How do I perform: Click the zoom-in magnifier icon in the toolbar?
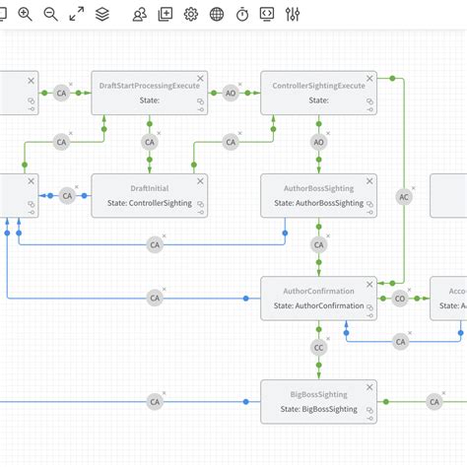[x=26, y=14]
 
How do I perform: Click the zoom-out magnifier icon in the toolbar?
[x=51, y=14]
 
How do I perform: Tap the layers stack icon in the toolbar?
[x=102, y=14]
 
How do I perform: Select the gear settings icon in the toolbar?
[x=191, y=14]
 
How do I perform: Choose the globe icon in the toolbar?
[x=217, y=14]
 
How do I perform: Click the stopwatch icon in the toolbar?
[x=242, y=14]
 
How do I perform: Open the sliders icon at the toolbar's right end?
[x=293, y=14]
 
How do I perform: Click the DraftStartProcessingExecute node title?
[x=150, y=86]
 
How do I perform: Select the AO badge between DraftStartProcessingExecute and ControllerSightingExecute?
[x=231, y=94]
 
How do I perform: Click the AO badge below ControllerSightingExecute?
[x=318, y=142]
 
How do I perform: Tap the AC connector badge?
[x=403, y=196]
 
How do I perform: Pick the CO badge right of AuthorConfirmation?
[x=400, y=298]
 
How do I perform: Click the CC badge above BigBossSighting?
[x=318, y=348]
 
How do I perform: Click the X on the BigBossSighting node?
[x=369, y=386]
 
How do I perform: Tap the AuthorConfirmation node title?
[x=318, y=291]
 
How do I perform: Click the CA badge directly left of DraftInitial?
[x=67, y=196]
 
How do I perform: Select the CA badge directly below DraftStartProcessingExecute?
[x=150, y=142]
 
